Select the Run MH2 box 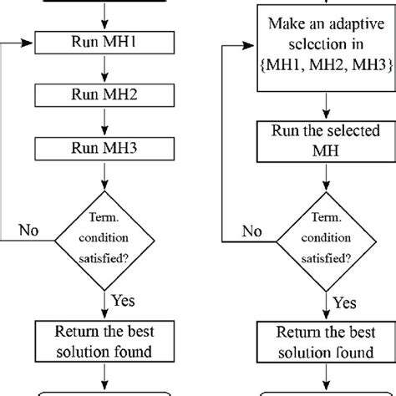coord(103,94)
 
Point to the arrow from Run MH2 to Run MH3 coord(103,122)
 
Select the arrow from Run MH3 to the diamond coord(103,176)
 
